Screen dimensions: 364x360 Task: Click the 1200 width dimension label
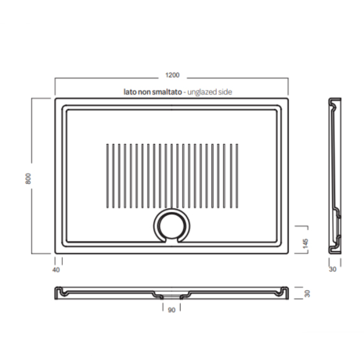tap(172, 75)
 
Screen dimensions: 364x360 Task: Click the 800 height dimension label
tap(28, 178)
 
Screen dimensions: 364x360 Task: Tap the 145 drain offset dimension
tap(305, 243)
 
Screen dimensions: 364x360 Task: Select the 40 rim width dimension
tap(56, 270)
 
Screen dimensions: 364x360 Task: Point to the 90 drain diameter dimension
tap(171, 310)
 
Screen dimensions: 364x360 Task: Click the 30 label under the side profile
tap(333, 269)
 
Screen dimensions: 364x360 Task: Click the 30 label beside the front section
tap(308, 293)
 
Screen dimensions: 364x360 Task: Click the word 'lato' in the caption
tap(130, 92)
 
